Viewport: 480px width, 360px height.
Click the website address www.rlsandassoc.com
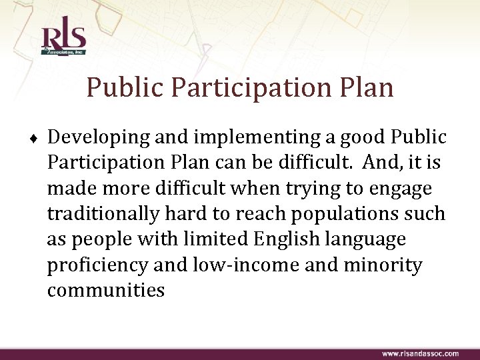(x=420, y=353)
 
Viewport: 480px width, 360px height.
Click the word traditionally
(x=102, y=214)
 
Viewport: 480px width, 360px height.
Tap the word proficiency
(x=97, y=265)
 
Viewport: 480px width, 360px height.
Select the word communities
(x=105, y=290)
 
